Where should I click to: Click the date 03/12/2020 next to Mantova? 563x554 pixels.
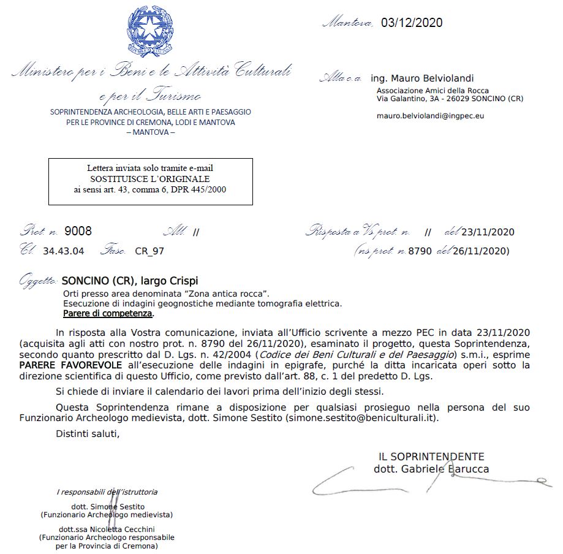coord(412,23)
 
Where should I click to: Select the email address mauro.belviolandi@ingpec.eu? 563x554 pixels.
coord(430,115)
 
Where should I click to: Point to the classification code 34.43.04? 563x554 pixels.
coord(64,251)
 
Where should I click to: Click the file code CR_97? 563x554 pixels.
coord(149,251)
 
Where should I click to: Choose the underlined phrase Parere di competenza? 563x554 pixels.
coord(108,313)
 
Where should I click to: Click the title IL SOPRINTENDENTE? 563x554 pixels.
coord(431,457)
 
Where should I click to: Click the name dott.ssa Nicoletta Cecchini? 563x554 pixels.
coord(106,529)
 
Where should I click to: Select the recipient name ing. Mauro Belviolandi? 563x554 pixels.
coord(422,78)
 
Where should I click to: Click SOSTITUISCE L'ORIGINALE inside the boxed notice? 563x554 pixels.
coord(150,179)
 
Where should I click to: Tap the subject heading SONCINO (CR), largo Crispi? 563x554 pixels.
coord(130,281)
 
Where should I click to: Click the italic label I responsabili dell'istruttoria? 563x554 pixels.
coord(107,491)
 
